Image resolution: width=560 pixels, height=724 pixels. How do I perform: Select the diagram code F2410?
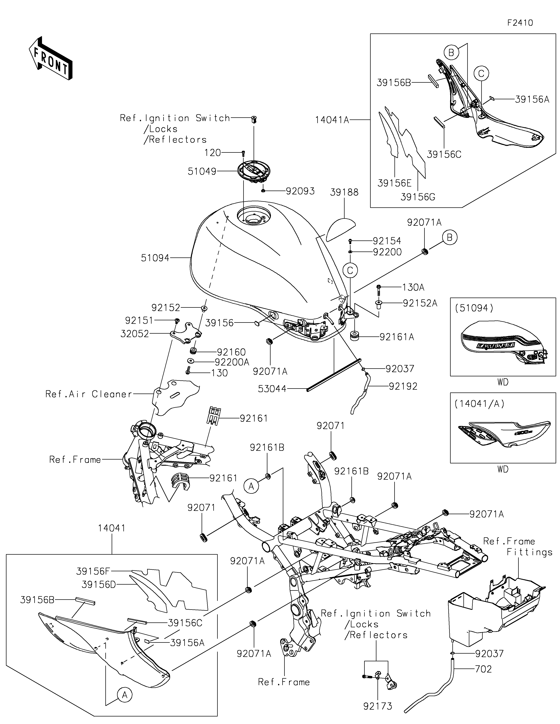(520, 23)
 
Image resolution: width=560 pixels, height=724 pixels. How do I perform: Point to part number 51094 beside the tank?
(155, 258)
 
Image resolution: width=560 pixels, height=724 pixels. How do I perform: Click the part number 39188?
(344, 192)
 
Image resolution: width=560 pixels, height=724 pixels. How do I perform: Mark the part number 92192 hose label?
(403, 386)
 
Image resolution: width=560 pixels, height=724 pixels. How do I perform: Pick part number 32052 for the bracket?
(134, 334)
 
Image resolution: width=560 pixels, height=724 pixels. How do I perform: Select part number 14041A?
(332, 120)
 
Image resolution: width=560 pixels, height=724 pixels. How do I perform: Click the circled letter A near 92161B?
(251, 486)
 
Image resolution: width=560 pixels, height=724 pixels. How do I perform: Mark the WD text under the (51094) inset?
(503, 382)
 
